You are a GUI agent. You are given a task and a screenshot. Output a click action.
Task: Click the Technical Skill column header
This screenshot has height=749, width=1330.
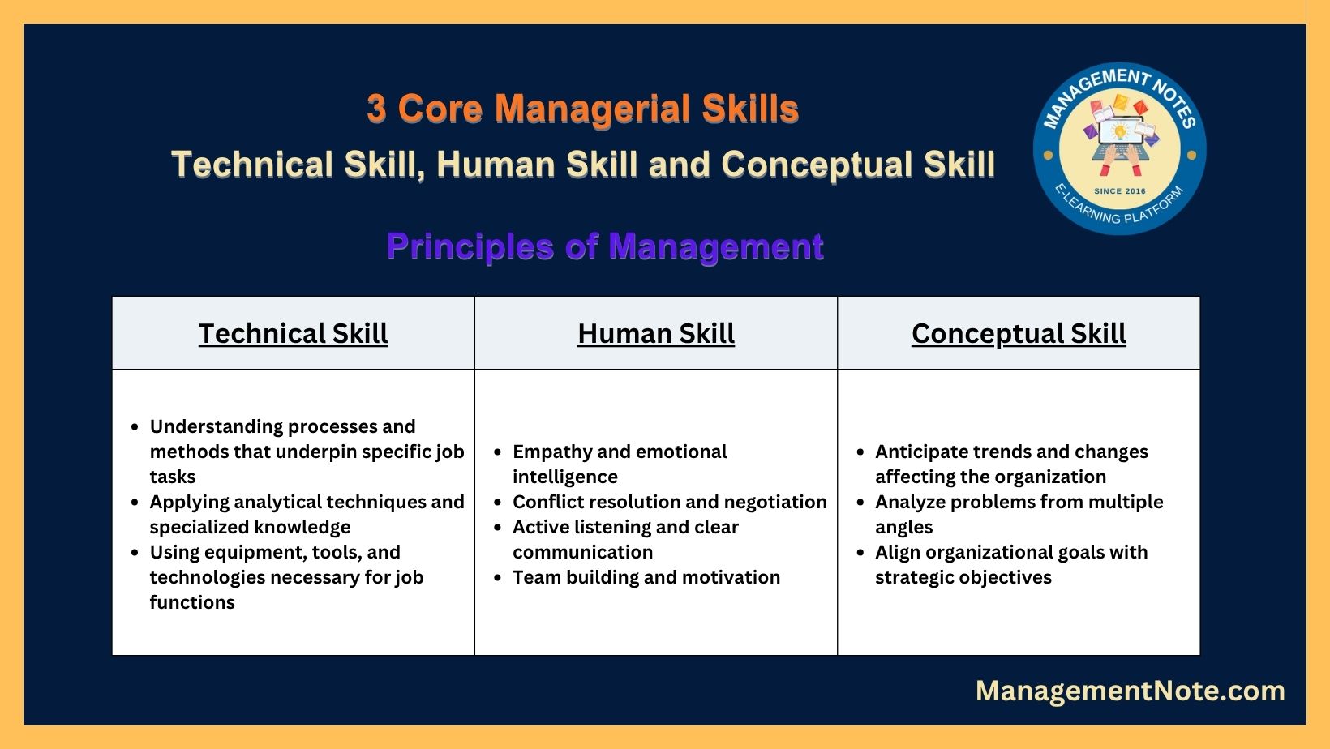click(x=294, y=333)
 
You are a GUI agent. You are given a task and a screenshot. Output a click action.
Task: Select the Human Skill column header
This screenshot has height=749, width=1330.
click(x=656, y=333)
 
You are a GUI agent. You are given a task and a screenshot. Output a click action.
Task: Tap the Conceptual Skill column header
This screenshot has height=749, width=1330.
click(x=1019, y=334)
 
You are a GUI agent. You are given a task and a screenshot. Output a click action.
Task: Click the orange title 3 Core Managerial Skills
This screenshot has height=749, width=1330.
click(x=582, y=109)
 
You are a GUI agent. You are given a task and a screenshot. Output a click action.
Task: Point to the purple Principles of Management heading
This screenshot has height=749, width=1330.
click(x=605, y=247)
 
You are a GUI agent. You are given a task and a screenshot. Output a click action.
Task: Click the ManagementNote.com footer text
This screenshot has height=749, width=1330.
click(x=1130, y=691)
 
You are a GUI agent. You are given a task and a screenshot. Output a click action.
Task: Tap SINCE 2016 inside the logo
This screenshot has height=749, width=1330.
click(x=1120, y=191)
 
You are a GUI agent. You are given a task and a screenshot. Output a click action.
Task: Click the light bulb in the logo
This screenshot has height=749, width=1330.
click(x=1120, y=131)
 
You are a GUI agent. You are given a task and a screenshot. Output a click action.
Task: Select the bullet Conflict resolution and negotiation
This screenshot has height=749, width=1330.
click(x=670, y=502)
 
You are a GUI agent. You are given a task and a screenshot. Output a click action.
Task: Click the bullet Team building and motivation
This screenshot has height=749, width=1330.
click(x=646, y=577)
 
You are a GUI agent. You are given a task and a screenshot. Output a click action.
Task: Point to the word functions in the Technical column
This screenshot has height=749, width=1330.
click(x=192, y=602)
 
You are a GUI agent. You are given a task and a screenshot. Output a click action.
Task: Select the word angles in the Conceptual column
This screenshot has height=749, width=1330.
click(x=903, y=528)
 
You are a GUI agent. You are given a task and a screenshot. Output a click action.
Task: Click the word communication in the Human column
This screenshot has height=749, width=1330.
click(x=582, y=553)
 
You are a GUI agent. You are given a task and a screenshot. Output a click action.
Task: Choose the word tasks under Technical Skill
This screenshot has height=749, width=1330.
click(x=172, y=477)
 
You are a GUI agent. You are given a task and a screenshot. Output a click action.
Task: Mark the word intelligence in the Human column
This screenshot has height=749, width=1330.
click(x=565, y=477)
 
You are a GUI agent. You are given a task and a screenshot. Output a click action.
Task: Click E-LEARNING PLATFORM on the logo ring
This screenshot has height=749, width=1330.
click(x=1119, y=208)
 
